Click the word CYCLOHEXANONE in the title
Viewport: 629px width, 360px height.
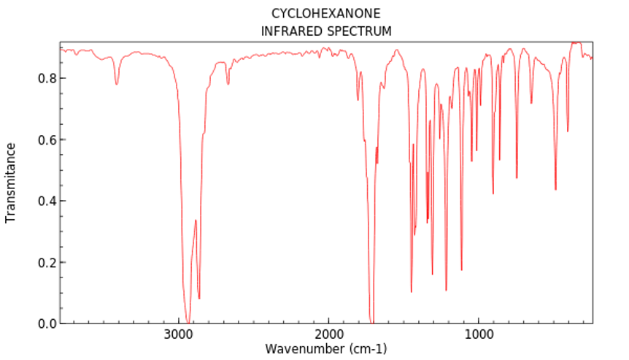coord(326,14)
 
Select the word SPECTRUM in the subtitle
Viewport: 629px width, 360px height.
coord(358,31)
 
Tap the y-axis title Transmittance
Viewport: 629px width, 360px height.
coord(11,183)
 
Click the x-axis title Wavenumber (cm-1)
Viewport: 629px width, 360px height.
coord(326,348)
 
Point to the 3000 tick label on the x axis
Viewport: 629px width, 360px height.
coord(178,334)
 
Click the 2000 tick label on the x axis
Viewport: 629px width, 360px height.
coord(328,334)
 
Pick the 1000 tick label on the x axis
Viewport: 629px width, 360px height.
coord(479,334)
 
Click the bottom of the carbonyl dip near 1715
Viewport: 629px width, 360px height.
coord(371,321)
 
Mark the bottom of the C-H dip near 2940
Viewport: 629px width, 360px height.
coord(187,321)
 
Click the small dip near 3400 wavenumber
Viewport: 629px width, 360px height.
coord(117,84)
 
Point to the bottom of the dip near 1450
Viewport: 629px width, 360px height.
coord(412,291)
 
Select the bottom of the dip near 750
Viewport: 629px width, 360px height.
coord(517,177)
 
